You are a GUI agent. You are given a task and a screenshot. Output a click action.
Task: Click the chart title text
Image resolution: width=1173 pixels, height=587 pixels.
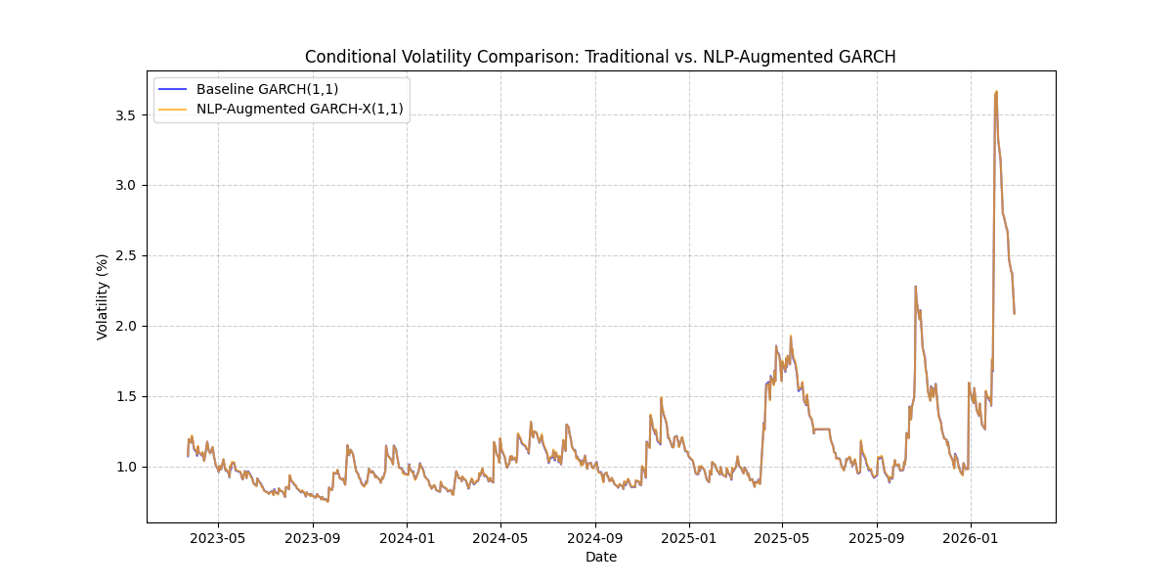600,57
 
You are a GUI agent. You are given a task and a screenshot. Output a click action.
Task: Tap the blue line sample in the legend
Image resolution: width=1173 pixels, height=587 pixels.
174,89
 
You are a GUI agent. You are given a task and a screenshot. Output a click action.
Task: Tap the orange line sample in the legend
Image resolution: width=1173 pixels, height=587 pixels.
174,109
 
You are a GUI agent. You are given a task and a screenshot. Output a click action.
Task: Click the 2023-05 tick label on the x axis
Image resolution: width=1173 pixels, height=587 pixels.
218,537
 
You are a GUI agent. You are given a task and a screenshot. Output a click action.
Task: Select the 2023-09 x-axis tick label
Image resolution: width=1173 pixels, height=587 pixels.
313,537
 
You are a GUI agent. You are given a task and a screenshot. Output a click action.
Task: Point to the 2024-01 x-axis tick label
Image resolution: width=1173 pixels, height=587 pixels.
407,537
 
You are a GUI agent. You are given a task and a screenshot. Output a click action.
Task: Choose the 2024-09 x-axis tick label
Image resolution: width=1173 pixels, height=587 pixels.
595,537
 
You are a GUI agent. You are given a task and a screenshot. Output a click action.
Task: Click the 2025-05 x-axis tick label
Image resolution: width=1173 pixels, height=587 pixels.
782,537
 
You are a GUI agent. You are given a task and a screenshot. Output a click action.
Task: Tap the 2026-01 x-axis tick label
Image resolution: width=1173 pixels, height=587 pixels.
971,537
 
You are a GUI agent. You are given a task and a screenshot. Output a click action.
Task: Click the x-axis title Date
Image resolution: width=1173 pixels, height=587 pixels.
600,557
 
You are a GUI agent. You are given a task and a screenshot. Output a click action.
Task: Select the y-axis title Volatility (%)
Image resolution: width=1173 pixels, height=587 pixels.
103,296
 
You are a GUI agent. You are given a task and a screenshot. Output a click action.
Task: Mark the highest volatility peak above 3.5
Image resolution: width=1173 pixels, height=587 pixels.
996,92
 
